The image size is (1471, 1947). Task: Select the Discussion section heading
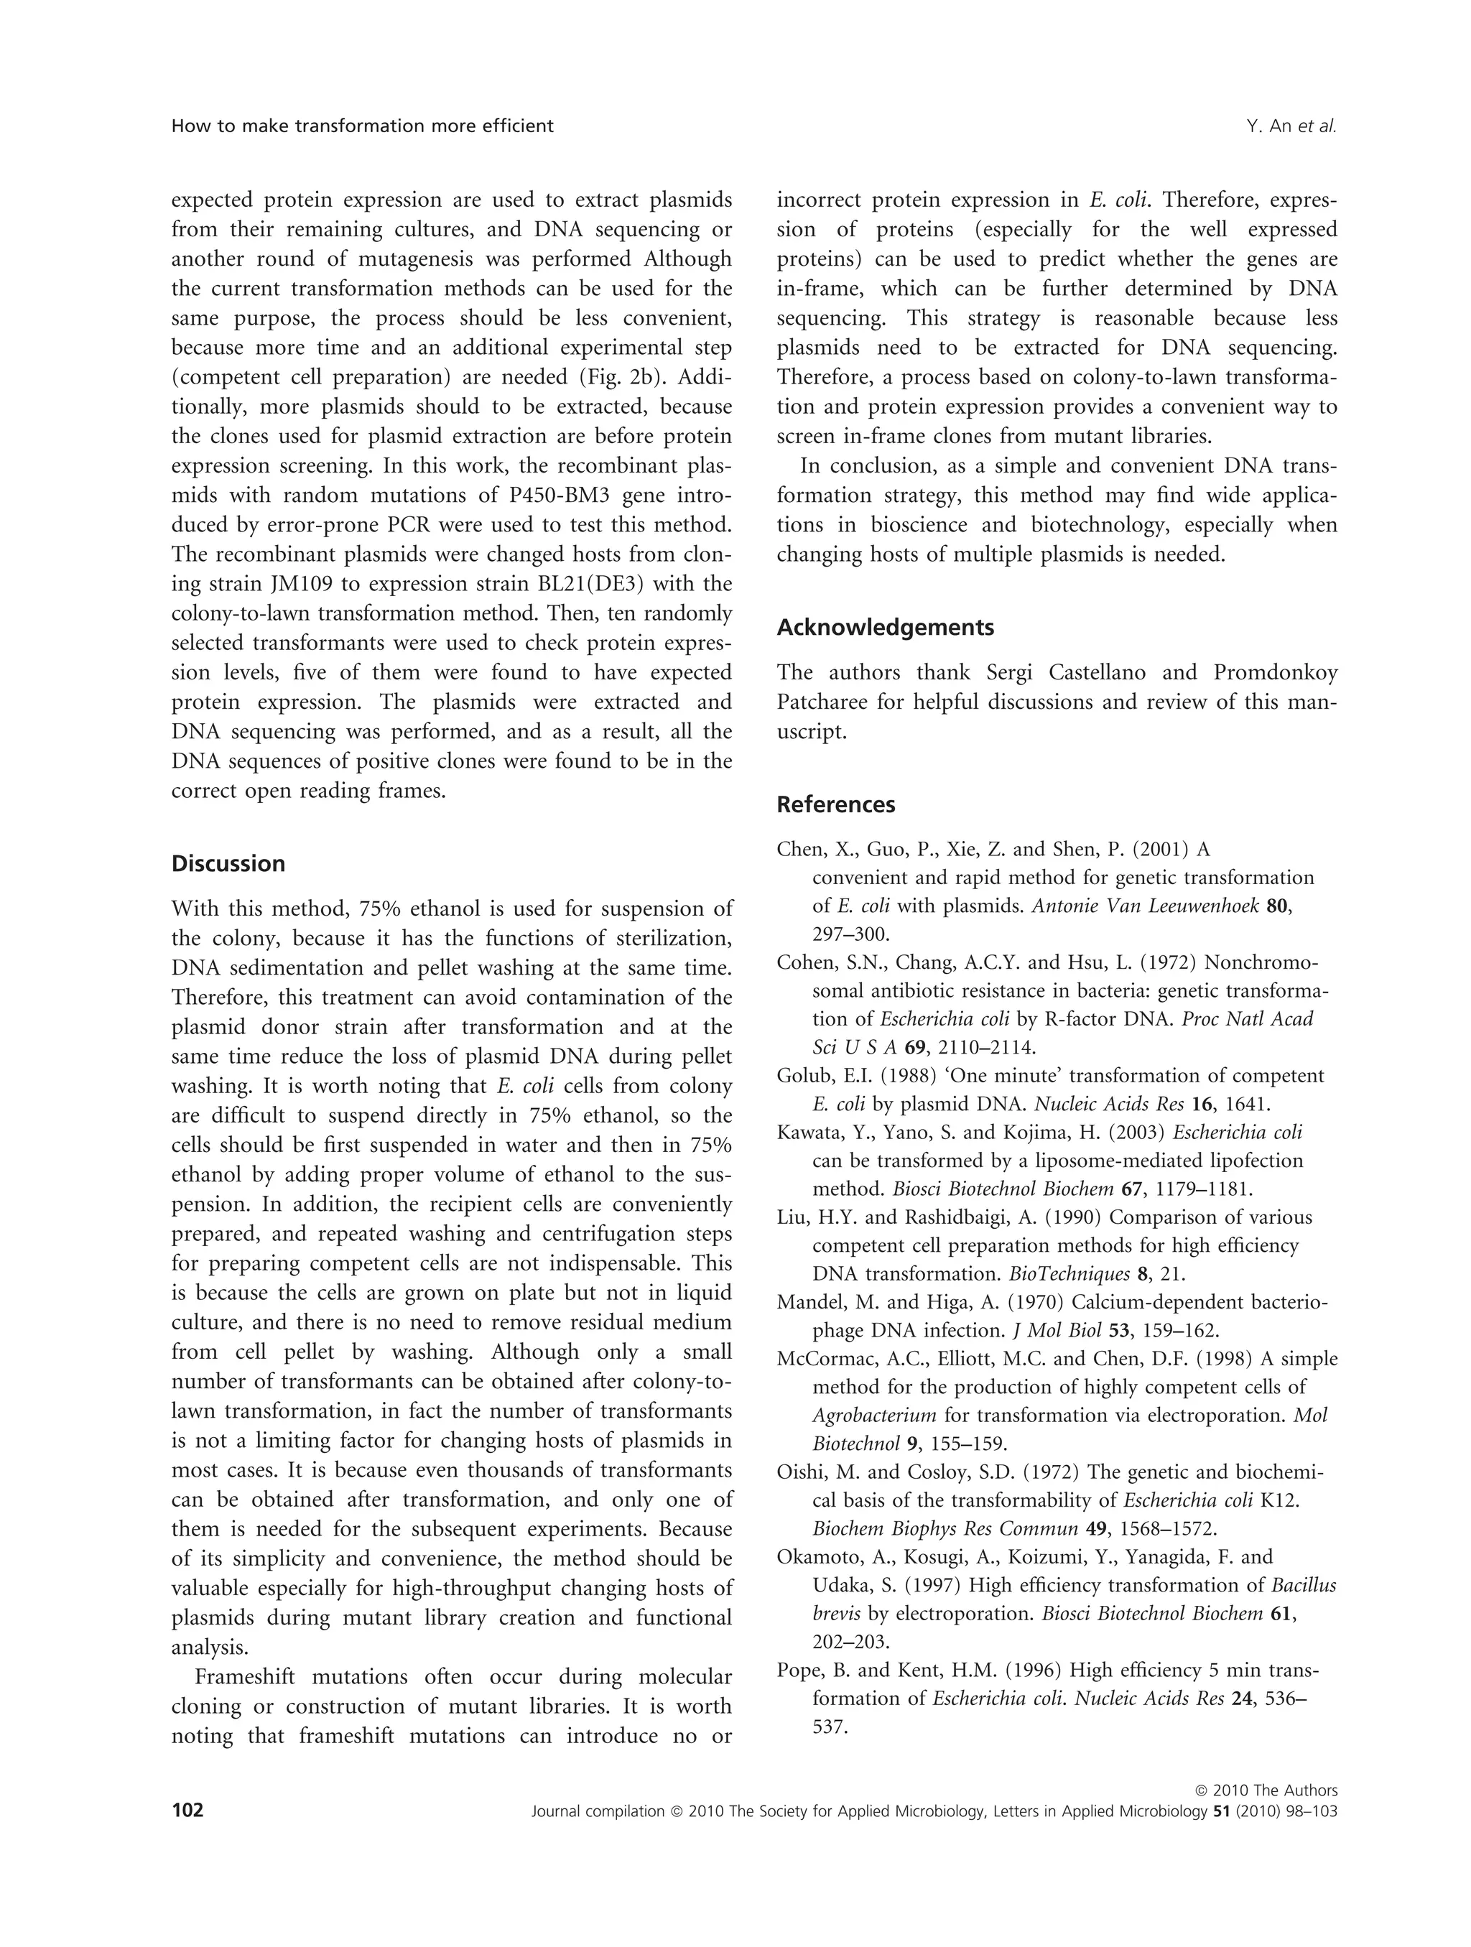click(x=228, y=863)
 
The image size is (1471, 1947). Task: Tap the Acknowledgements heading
click(x=885, y=628)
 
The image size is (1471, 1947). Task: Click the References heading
click(x=835, y=804)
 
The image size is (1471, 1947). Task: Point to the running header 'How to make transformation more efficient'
click(x=362, y=126)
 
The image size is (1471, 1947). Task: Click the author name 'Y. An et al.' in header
click(x=1291, y=126)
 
